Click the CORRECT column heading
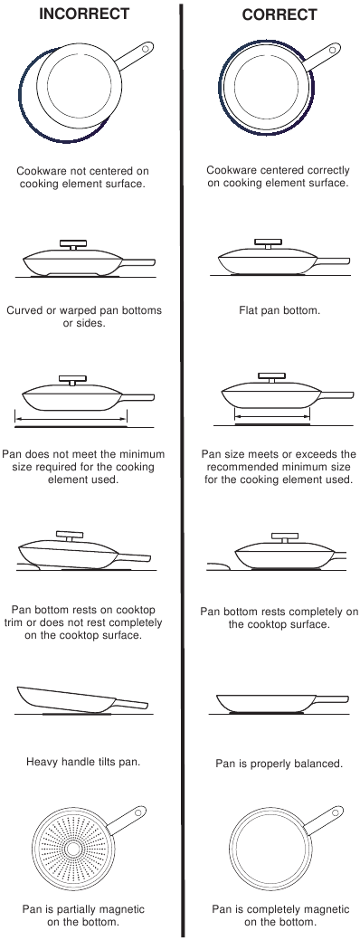pyautogui.click(x=279, y=14)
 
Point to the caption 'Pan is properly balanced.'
pyautogui.click(x=279, y=764)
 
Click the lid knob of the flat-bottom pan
pyautogui.click(x=267, y=242)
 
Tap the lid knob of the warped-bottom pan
pyautogui.click(x=72, y=243)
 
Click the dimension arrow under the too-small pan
pyautogui.click(x=71, y=419)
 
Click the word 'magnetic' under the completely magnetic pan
pyautogui.click(x=305, y=908)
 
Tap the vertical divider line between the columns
pyautogui.click(x=182, y=470)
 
